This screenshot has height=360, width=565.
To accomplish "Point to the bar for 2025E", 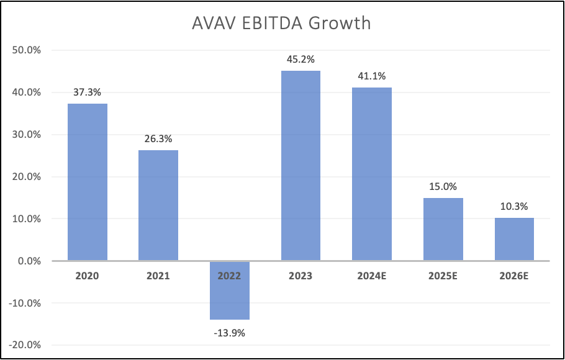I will [443, 229].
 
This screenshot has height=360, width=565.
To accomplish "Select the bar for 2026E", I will [514, 239].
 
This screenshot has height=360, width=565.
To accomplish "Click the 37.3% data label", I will [88, 92].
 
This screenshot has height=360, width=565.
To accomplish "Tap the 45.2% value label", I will [301, 60].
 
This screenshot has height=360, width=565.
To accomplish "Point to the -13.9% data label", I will [230, 333].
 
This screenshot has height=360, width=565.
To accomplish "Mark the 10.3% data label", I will [514, 207].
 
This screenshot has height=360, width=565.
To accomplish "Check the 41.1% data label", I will [372, 76].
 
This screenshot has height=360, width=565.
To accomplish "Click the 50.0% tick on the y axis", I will [26, 50].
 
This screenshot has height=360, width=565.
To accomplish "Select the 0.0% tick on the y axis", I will [29, 261].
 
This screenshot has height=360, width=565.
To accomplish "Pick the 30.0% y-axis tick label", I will [26, 135].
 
